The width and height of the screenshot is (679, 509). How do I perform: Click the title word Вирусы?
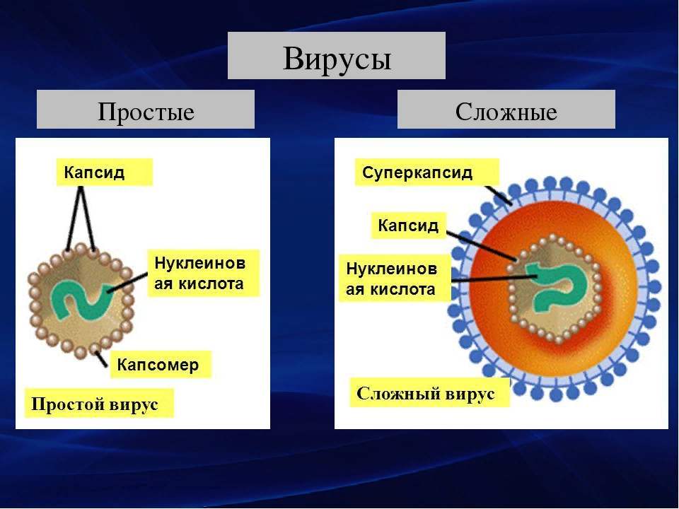point(337,57)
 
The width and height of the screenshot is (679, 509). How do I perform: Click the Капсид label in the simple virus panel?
point(94,172)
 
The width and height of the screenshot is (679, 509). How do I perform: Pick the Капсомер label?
point(158,365)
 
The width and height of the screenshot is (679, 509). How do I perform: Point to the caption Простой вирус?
point(95,404)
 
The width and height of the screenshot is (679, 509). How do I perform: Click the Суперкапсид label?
point(417,172)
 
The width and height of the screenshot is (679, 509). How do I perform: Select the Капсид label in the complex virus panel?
point(408,225)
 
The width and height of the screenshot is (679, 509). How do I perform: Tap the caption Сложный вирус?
point(425,393)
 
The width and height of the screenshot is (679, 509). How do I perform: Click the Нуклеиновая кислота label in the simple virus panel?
point(199,273)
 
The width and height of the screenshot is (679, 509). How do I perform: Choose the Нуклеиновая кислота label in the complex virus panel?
point(391,279)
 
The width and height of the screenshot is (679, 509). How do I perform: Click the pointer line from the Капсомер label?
point(102,358)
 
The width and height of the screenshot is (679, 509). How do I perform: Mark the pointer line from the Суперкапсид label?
point(498,195)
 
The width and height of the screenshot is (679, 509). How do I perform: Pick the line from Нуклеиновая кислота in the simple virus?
point(128,282)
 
